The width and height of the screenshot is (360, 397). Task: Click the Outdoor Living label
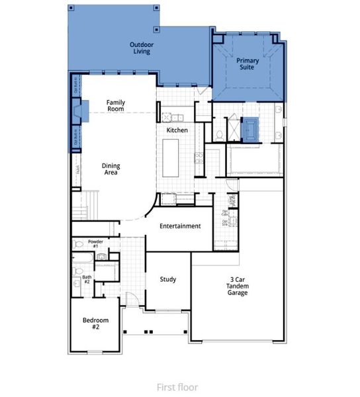tap(140, 48)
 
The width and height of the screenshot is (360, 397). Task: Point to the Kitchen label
tap(177, 130)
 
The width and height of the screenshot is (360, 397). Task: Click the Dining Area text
tap(110, 169)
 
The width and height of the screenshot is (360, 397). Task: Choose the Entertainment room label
tap(180, 226)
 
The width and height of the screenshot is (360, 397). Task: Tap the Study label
tap(168, 279)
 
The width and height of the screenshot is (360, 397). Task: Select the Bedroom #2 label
tap(95, 324)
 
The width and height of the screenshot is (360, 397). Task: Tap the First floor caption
tap(177, 387)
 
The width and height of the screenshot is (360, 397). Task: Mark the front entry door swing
tap(133, 298)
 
